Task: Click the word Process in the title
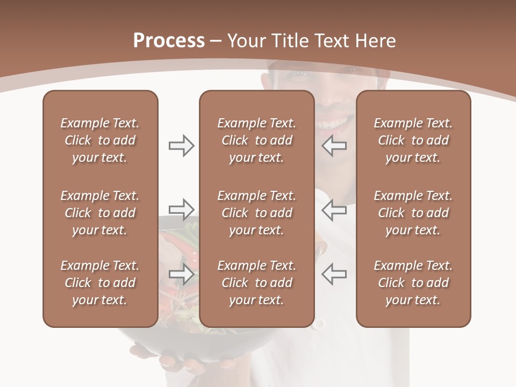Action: coord(169,41)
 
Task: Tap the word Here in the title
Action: coord(377,41)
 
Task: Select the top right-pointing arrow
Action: coord(181,146)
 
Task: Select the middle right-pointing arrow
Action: coord(181,209)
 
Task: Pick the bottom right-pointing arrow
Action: coord(181,274)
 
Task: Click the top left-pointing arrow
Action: coord(334,146)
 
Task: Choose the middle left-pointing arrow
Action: coord(334,209)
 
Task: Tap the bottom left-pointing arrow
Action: coord(334,274)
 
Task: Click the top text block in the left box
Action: coord(100,140)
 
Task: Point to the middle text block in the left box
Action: coord(100,213)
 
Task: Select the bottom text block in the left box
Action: coord(100,283)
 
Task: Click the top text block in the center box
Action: coord(256,140)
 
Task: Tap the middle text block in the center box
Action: coord(256,213)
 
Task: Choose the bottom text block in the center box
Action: coord(256,283)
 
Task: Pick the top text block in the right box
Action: coord(413,140)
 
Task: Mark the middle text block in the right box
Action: coord(413,213)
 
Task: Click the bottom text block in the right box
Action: coord(413,283)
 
